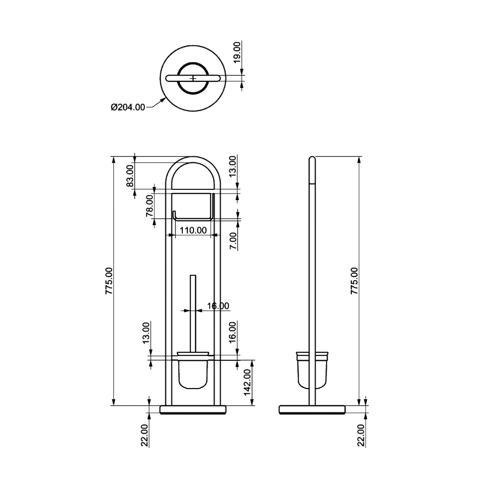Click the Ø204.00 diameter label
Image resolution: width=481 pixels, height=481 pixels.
pos(128,108)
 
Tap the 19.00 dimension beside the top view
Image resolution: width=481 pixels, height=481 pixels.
pos(237,53)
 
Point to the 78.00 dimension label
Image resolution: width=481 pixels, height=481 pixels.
pos(150,206)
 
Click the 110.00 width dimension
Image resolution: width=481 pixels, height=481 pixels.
pos(193,230)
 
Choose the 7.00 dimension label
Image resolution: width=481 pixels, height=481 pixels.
pos(233,241)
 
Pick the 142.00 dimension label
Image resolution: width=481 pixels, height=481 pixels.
pos(247,382)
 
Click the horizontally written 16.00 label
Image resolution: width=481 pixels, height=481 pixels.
pos(218,306)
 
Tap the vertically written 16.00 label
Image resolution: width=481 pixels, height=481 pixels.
pos(233,332)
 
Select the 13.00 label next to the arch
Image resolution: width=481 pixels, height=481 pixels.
pos(233,166)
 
